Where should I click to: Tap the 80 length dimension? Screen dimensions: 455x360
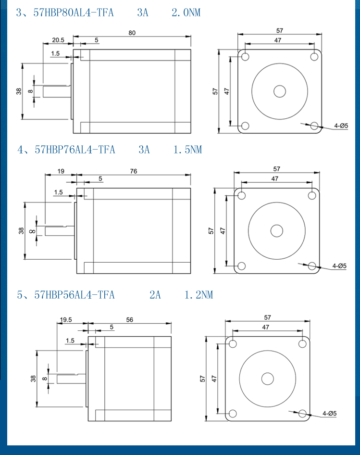click(x=132, y=33)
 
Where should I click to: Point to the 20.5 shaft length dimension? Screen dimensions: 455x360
click(x=58, y=40)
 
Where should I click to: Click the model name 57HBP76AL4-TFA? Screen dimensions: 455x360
click(x=75, y=150)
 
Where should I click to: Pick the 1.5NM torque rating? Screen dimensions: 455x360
click(x=187, y=150)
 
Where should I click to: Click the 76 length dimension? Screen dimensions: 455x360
click(x=134, y=171)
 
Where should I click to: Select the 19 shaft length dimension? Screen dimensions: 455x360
click(x=61, y=171)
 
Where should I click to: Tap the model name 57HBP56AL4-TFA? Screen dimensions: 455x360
click(x=74, y=295)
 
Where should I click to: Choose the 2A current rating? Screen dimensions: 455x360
click(x=155, y=295)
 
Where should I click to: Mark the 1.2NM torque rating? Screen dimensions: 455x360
click(x=199, y=295)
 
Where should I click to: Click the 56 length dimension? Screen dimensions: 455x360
click(x=130, y=319)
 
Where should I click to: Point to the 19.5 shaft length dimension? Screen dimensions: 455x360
click(x=66, y=319)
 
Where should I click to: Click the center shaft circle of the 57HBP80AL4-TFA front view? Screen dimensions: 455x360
click(x=280, y=91)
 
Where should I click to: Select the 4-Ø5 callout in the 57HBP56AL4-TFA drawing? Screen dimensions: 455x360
click(x=330, y=413)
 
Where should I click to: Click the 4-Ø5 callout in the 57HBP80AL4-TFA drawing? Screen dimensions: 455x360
click(x=341, y=126)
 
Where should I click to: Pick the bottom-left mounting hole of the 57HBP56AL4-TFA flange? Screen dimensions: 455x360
click(x=233, y=413)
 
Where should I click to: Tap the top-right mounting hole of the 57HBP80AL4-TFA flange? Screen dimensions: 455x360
click(x=314, y=56)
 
